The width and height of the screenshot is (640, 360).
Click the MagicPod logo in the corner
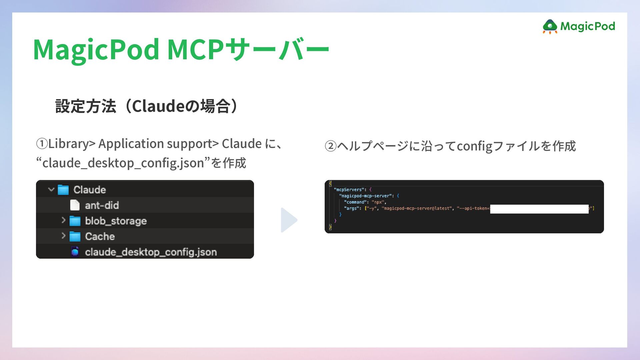[579, 26]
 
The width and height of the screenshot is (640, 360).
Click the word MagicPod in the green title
[96, 50]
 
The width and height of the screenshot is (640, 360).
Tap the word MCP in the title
[195, 50]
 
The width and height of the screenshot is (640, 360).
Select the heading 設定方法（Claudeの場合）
[147, 106]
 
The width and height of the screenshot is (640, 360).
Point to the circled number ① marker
[42, 144]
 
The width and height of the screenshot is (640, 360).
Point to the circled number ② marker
[331, 146]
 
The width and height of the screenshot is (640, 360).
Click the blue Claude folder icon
[63, 190]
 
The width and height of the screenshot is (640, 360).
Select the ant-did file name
[102, 205]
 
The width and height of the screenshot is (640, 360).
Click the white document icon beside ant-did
[75, 205]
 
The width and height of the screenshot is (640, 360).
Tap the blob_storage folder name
[116, 221]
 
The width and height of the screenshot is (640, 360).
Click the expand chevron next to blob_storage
[63, 220]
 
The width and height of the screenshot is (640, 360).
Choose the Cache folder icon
[75, 237]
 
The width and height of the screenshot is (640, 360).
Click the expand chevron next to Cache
[63, 236]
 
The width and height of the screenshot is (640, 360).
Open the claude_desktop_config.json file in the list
[151, 252]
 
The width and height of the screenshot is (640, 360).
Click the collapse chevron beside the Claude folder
[51, 189]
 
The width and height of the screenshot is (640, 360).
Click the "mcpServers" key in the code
[349, 190]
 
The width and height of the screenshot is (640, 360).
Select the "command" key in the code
[355, 202]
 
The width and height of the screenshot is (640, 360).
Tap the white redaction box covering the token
[539, 209]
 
